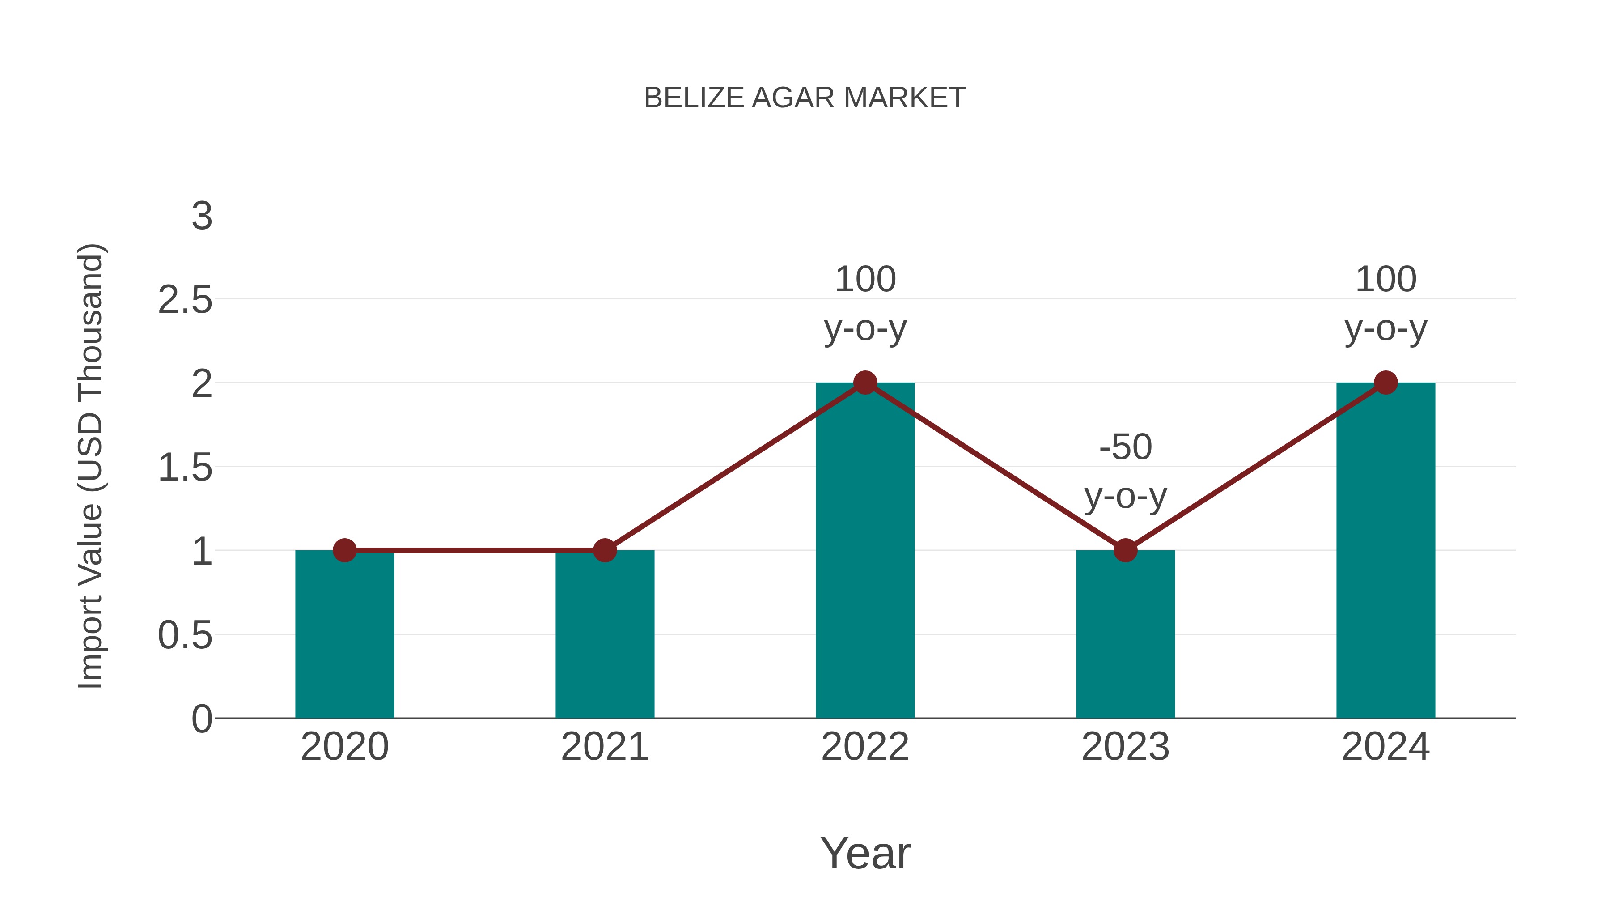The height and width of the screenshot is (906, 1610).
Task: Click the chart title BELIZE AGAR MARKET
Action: pos(805,98)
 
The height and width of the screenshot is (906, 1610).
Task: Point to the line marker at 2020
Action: pos(344,550)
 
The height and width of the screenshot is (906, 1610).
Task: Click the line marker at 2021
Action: pos(604,550)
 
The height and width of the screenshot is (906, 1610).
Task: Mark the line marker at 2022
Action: pos(865,382)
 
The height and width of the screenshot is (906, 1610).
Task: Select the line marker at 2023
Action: pos(1125,550)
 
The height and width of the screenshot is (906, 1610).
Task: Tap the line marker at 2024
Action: pos(1385,382)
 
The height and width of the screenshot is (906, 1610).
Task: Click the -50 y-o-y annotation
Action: pos(1125,472)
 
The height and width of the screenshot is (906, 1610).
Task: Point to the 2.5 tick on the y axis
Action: pos(185,300)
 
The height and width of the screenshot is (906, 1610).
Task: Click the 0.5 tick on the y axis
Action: pos(185,635)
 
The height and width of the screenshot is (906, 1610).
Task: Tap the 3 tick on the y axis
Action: pos(202,217)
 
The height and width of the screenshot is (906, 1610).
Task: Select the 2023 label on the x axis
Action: pos(1125,747)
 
